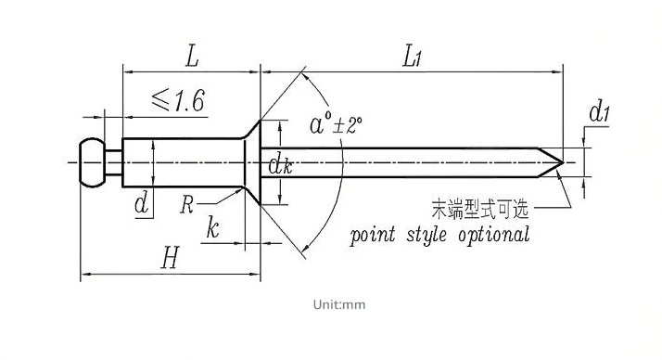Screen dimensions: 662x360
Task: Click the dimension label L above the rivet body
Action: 192,57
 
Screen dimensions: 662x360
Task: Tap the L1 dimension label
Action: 412,57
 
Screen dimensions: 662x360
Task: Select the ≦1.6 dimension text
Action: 179,100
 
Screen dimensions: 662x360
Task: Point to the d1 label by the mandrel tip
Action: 600,112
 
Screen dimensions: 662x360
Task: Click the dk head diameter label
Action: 280,165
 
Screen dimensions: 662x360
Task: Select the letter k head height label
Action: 213,227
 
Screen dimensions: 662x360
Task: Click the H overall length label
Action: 171,258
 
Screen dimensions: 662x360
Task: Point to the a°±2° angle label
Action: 336,124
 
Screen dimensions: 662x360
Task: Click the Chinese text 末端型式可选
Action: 480,209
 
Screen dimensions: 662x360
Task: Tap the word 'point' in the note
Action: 373,235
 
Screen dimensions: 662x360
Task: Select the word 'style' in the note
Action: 426,235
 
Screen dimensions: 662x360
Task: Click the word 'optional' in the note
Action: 493,235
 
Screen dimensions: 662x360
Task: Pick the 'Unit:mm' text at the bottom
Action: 339,304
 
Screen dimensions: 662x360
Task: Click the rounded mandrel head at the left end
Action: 92,162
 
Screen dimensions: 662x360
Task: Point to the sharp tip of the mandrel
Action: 564,162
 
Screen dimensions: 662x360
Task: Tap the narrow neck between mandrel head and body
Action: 113,162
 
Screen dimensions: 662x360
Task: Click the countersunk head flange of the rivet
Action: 252,162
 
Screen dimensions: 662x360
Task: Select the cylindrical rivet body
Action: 184,162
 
